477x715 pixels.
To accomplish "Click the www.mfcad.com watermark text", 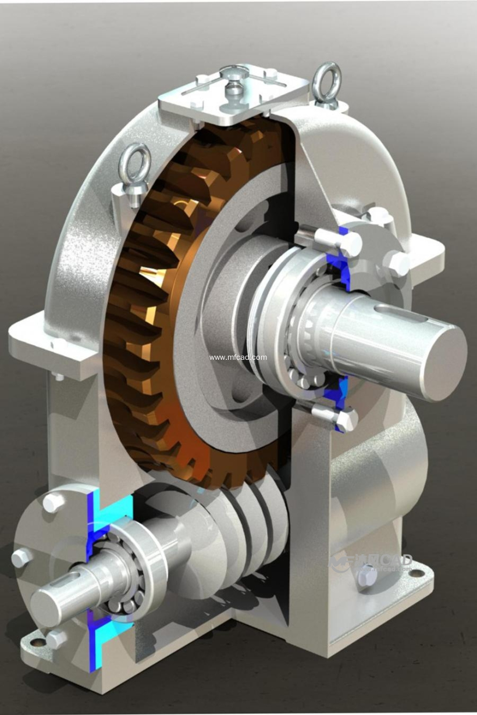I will pos(238,357).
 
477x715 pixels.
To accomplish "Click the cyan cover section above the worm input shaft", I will pos(102,512).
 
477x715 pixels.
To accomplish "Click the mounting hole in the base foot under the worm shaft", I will pos(36,642).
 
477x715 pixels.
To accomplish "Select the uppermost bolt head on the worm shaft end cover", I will pos(52,503).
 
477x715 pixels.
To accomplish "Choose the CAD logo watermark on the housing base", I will pos(372,562).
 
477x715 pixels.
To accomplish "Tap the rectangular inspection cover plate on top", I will pos(233,96).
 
